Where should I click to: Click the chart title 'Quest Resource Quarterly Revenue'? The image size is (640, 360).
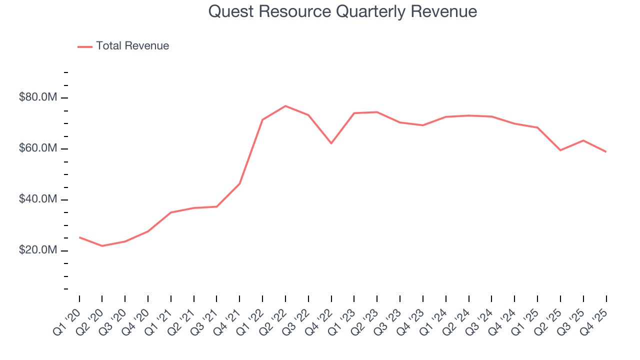[342, 11]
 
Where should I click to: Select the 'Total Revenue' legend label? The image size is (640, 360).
[132, 46]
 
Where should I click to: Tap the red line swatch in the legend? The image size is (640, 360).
[85, 46]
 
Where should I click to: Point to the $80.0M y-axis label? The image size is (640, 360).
[38, 97]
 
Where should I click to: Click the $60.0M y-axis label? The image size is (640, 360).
[38, 148]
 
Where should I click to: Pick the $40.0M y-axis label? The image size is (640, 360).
[38, 199]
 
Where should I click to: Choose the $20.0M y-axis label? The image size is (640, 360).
[38, 250]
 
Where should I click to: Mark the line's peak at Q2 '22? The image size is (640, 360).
[285, 106]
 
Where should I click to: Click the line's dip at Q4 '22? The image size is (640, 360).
[331, 143]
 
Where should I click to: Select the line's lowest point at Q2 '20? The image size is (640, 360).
[102, 246]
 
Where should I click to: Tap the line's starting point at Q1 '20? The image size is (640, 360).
[79, 237]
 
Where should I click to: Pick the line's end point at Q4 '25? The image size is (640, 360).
[606, 151]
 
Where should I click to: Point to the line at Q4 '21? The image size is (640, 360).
[239, 184]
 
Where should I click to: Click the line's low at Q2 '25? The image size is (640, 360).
[560, 150]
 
